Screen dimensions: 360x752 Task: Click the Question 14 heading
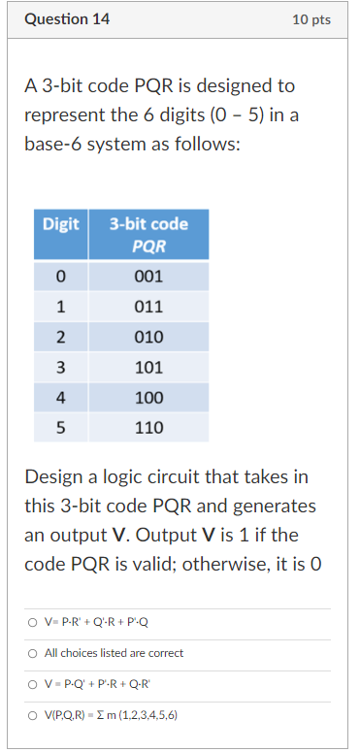pos(67,19)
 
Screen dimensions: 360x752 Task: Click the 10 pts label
pos(311,20)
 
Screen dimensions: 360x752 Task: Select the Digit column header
pos(60,224)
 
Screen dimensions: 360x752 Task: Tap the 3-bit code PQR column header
pos(148,235)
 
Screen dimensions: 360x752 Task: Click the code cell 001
pos(148,277)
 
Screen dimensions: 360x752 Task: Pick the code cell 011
pos(148,307)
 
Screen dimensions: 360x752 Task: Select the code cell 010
pos(148,337)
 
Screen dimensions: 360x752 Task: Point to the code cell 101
pos(148,367)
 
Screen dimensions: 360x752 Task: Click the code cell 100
pos(148,397)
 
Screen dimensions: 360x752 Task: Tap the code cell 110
pos(148,427)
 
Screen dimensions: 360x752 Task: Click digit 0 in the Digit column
pos(60,277)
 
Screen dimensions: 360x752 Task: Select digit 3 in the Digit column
pos(60,367)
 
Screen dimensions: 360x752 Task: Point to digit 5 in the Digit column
pos(60,427)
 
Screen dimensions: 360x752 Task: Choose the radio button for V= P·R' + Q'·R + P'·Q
pos(32,623)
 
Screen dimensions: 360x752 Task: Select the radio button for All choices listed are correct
pos(32,653)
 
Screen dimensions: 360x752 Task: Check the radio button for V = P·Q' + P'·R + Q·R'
pos(32,684)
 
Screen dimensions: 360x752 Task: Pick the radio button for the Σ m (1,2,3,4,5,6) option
pos(32,715)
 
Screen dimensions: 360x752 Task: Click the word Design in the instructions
pos(54,477)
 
